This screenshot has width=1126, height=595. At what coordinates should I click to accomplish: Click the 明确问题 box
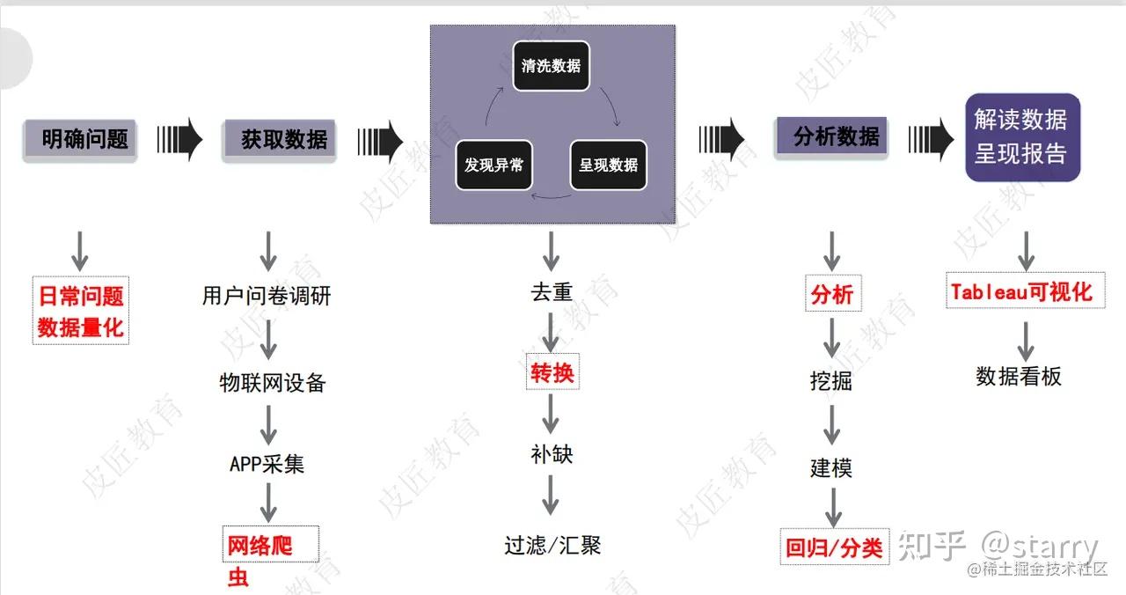point(80,139)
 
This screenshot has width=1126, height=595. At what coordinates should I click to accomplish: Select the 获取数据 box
point(280,139)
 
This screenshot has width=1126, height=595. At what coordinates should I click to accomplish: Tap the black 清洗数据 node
point(551,65)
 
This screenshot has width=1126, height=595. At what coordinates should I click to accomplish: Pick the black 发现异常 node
point(494,164)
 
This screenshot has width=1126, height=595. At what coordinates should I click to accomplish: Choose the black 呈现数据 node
point(608,164)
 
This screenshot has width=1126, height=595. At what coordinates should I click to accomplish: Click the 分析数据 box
point(831,136)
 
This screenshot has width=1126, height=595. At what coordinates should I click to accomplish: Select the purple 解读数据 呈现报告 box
point(1022,137)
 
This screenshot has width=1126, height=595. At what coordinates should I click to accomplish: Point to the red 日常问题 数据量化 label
point(81,311)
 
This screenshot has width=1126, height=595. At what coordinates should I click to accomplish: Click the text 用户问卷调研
point(267,296)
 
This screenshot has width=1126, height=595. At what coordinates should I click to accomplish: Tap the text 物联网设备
point(272,383)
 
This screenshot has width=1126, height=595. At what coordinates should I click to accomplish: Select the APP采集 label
point(267,464)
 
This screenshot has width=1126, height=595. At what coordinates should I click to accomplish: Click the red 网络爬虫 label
point(260,560)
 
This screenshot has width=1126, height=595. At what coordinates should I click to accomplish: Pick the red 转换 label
point(552,373)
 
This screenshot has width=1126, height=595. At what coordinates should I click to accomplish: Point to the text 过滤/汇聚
point(552,545)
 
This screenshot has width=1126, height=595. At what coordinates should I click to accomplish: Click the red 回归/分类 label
point(834,547)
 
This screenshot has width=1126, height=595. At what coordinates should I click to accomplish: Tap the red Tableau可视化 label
point(1021,292)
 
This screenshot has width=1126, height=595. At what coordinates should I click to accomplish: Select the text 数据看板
point(1019,377)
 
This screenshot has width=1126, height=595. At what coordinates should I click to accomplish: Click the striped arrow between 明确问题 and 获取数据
point(179,139)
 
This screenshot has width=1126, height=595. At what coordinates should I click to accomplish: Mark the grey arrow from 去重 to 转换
point(551,333)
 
